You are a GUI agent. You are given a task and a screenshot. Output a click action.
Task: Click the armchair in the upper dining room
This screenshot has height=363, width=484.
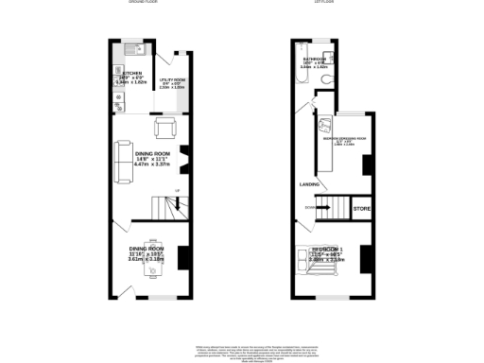pyautogui.click(x=164, y=129)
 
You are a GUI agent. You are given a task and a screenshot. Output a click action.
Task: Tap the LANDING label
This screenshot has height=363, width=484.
pyautogui.click(x=308, y=184)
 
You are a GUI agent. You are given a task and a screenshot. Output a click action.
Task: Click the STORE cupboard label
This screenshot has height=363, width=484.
pyautogui.click(x=362, y=207)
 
